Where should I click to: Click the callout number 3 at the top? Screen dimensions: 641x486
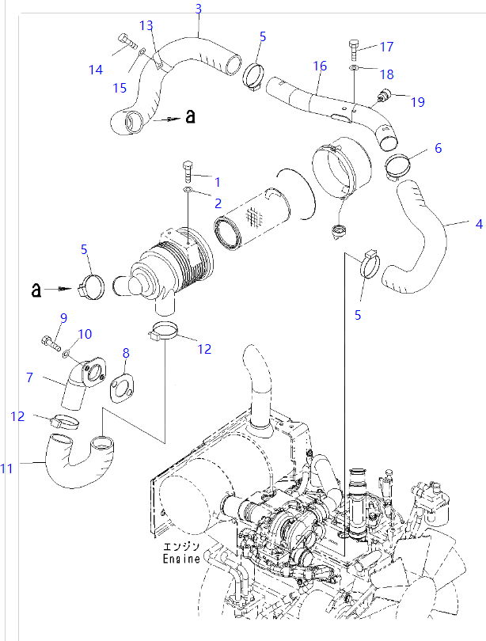point(198,9)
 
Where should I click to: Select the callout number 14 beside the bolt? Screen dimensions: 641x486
point(96,70)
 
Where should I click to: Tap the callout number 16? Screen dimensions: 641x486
point(320,65)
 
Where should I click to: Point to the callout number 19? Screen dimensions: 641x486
point(418,101)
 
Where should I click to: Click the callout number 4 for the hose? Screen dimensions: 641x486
point(478,224)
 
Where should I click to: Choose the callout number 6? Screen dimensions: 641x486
point(438,148)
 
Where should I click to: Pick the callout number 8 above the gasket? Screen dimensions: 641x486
point(125,352)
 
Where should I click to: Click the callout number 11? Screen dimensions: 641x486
point(7,469)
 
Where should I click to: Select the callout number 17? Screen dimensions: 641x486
point(386,47)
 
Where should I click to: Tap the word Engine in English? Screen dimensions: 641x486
point(183,559)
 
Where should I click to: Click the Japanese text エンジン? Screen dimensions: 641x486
point(184,546)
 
